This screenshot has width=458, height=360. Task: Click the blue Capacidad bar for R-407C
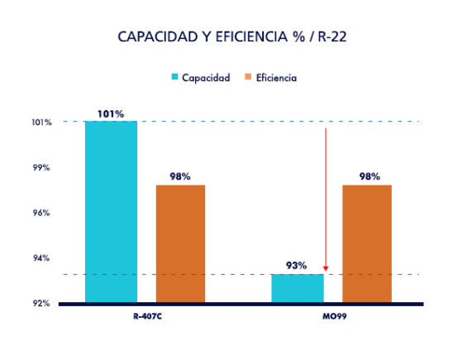pos(111,212)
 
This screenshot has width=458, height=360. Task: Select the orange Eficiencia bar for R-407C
pos(180,243)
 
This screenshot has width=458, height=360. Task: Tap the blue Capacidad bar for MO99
pos(298,288)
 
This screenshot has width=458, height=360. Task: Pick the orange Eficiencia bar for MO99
pos(367,243)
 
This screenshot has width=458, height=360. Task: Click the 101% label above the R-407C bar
pos(111,113)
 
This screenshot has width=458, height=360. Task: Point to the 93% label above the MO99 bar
pos(297,266)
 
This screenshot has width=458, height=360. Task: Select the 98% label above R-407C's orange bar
pos(180,176)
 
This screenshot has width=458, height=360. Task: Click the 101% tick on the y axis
pos(42,122)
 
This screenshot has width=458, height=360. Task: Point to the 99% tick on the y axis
pos(42,167)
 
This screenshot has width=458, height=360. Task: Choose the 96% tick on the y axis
pos(42,213)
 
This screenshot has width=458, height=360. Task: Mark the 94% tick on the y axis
pos(42,258)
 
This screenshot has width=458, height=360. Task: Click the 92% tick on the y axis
pos(42,303)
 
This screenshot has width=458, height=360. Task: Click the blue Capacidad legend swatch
pos(175,77)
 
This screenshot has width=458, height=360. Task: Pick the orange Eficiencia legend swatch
pos(248,77)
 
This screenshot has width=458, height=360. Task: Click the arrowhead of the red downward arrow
pos(326,268)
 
